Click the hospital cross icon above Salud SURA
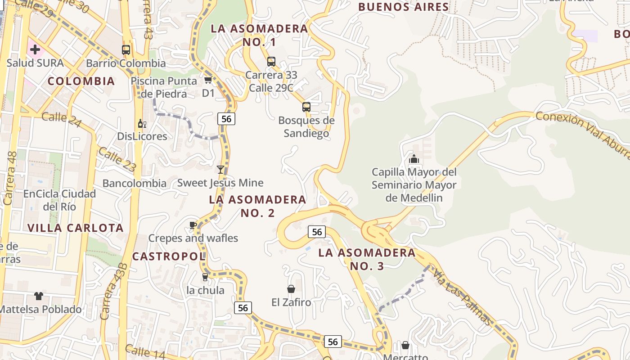[x=35, y=49]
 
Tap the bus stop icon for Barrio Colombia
[x=126, y=50]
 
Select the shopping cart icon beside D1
[x=208, y=80]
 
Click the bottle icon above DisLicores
[x=142, y=124]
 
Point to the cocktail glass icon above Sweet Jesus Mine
[x=220, y=170]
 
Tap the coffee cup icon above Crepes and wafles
[x=193, y=225]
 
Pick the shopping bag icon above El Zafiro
[x=291, y=289]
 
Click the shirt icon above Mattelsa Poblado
[x=39, y=296]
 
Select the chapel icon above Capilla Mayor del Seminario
[x=414, y=159]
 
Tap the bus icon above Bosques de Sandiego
[x=306, y=107]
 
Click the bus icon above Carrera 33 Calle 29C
[x=271, y=62]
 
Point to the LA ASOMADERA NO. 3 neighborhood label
[x=367, y=259]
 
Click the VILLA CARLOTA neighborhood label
[x=75, y=228]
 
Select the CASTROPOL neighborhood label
[x=169, y=256]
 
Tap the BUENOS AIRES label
[x=404, y=7]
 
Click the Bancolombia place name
[x=135, y=184]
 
